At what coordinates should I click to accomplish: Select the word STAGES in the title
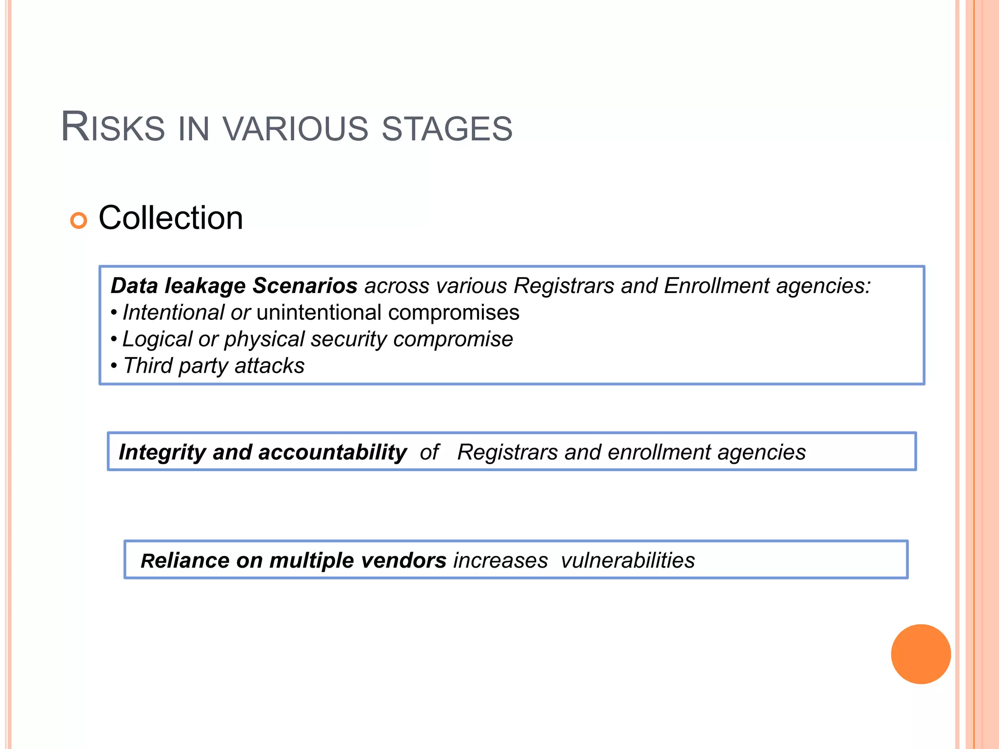coord(447,129)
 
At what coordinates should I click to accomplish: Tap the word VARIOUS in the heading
coord(295,129)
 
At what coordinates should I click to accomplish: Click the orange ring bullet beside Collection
coord(79,220)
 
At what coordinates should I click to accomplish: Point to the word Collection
coord(171,217)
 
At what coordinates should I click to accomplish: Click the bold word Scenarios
coord(305,286)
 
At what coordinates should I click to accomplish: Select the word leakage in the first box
coord(205,286)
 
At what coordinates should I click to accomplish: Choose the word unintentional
coord(319,313)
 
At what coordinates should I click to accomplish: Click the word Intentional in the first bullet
coord(173,313)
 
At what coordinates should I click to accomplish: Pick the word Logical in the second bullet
coord(158,339)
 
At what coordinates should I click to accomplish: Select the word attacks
coord(269,366)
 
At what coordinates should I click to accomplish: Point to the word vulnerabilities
coord(627,561)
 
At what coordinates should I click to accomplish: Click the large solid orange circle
coord(920,654)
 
